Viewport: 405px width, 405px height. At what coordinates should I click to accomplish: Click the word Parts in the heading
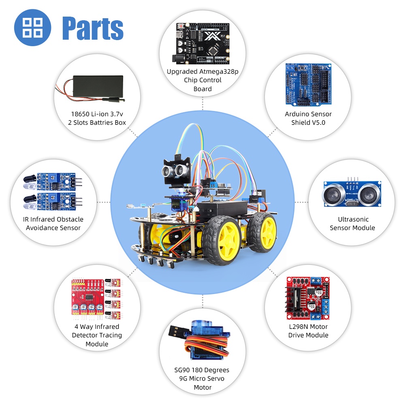(93, 28)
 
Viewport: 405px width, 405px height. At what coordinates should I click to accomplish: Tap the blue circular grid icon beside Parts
(32, 28)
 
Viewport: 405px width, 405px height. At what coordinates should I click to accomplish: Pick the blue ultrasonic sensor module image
(352, 194)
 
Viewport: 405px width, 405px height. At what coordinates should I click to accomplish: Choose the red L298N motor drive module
(308, 298)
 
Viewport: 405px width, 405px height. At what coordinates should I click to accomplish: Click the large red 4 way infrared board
(88, 297)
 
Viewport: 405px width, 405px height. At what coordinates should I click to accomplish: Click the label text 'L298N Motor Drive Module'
(308, 331)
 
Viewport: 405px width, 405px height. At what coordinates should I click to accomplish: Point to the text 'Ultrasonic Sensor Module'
(352, 224)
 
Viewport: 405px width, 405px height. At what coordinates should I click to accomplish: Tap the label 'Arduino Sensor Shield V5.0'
(308, 118)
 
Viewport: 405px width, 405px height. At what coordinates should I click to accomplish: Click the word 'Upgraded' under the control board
(182, 72)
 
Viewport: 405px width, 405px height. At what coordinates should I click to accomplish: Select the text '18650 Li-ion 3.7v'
(97, 114)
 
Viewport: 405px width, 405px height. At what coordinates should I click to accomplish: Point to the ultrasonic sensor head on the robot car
(177, 170)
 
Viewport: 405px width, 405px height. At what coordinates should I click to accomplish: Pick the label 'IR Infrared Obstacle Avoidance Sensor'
(53, 224)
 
